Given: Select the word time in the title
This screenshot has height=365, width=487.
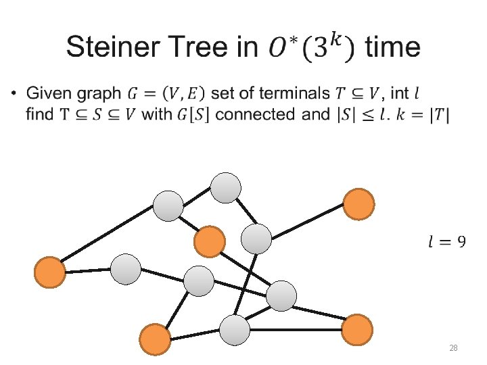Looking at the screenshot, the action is [392, 47].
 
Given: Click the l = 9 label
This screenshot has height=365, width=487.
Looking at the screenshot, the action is [447, 241].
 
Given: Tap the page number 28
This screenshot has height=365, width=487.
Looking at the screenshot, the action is [454, 347].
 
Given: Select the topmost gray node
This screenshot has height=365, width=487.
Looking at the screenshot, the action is [226, 187].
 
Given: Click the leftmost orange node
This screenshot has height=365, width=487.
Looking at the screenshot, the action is [49, 272].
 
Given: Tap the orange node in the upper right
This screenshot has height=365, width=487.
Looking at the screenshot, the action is [358, 204].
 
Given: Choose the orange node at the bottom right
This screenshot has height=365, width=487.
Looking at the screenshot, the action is [356, 331].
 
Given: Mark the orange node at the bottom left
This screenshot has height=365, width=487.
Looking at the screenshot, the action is [156, 339].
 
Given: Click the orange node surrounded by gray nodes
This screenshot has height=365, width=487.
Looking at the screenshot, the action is [209, 241].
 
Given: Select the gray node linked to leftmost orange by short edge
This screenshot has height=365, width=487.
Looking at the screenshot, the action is [125, 269].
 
